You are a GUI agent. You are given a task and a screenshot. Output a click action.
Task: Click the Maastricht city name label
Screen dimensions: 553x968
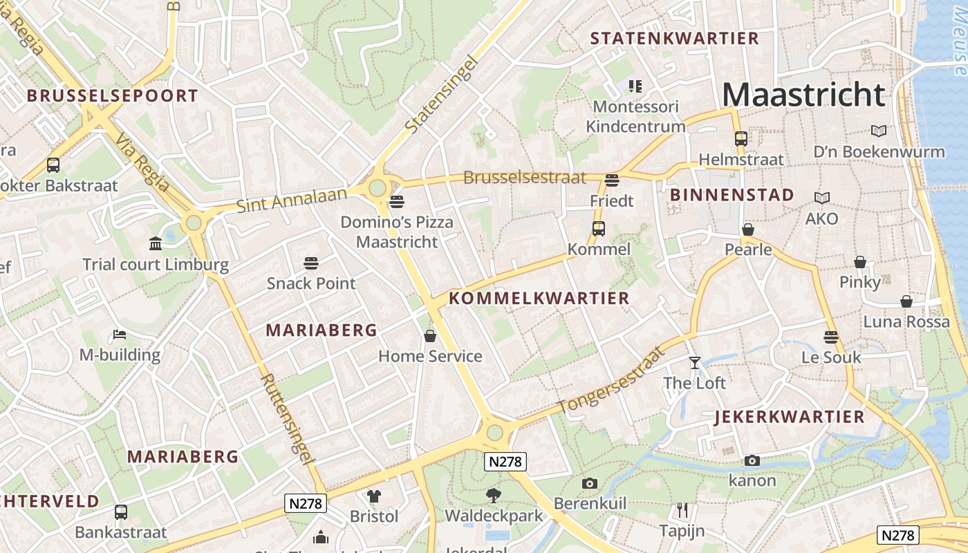coord(803,95)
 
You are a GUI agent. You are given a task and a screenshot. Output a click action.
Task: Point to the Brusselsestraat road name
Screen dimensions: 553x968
coord(524,178)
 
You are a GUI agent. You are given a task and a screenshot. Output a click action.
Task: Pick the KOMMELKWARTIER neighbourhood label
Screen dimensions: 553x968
coord(539,299)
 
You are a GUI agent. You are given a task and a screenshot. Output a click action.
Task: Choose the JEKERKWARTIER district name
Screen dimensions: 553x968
coord(789,417)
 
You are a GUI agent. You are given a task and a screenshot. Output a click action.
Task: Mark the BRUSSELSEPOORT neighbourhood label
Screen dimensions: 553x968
coord(113,96)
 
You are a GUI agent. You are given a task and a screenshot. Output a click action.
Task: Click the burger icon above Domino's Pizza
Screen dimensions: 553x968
coord(396,202)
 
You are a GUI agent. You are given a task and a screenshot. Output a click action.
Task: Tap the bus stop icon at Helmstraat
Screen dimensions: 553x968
coord(741,139)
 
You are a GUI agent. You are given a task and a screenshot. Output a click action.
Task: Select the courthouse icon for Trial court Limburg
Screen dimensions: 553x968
coord(156,244)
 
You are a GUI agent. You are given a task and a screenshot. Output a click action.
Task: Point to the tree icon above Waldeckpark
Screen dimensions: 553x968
coord(493,495)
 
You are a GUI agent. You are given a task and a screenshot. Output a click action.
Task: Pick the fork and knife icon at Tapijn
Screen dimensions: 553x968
coord(682,511)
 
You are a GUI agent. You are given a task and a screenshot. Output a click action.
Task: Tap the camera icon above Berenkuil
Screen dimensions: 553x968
coord(589,483)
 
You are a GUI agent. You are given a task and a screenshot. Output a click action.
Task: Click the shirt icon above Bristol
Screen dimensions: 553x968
coord(374,496)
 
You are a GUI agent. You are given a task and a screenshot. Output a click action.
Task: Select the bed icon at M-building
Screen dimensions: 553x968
coord(120,335)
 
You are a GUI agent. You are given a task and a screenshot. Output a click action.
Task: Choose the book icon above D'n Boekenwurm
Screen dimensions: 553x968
coord(879,131)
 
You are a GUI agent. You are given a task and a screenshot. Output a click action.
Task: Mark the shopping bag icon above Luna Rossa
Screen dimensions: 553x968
coord(906,301)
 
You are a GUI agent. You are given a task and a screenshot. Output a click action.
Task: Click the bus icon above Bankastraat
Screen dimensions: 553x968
coord(121,512)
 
